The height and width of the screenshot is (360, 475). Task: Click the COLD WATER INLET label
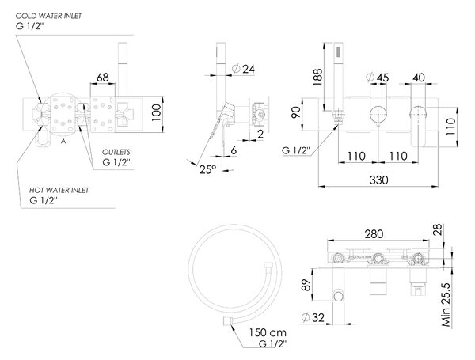[x=48, y=16]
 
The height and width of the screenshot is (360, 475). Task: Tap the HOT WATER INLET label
[x=59, y=191]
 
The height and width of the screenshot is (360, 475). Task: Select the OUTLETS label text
[x=116, y=152]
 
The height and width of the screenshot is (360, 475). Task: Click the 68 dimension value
[x=103, y=78]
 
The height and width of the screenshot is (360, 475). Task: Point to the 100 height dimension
[x=156, y=112]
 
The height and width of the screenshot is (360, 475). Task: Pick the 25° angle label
[x=207, y=169]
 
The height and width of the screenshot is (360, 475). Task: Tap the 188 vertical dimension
[x=317, y=78]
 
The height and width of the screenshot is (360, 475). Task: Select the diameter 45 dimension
[x=377, y=78]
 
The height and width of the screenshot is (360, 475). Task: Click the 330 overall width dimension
[x=378, y=180]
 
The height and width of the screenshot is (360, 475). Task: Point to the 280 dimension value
[x=374, y=234]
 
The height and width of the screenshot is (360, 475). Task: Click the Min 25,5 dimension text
[x=446, y=305]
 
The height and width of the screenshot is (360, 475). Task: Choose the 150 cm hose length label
[x=268, y=333]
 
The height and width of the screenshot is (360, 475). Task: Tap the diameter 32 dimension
[x=313, y=317]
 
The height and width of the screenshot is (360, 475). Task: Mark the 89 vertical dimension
[x=307, y=285]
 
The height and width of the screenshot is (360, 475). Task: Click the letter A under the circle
[x=63, y=141]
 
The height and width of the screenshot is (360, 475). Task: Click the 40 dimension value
[x=419, y=78]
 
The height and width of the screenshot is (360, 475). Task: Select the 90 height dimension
[x=296, y=112]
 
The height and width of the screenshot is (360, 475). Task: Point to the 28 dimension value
[x=438, y=230]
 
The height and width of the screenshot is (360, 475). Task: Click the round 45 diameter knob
[x=378, y=114]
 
